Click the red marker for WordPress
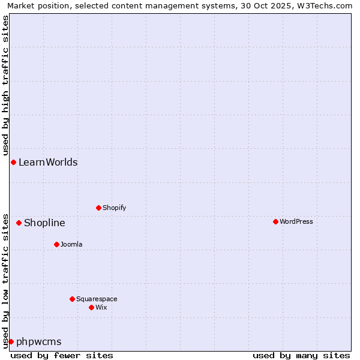275,221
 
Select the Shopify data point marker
98,208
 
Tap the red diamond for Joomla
56,244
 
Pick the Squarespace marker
72,299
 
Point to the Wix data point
91,307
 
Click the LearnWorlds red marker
13,162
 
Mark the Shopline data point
19,223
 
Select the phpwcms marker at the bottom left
11,341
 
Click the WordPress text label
296,221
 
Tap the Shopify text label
114,208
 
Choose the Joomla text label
71,244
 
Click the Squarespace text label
97,299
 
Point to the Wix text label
101,307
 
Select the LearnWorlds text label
48,162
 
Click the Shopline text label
44,223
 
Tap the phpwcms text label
39,341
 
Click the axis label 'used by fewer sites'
62,355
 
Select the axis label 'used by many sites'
301,355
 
